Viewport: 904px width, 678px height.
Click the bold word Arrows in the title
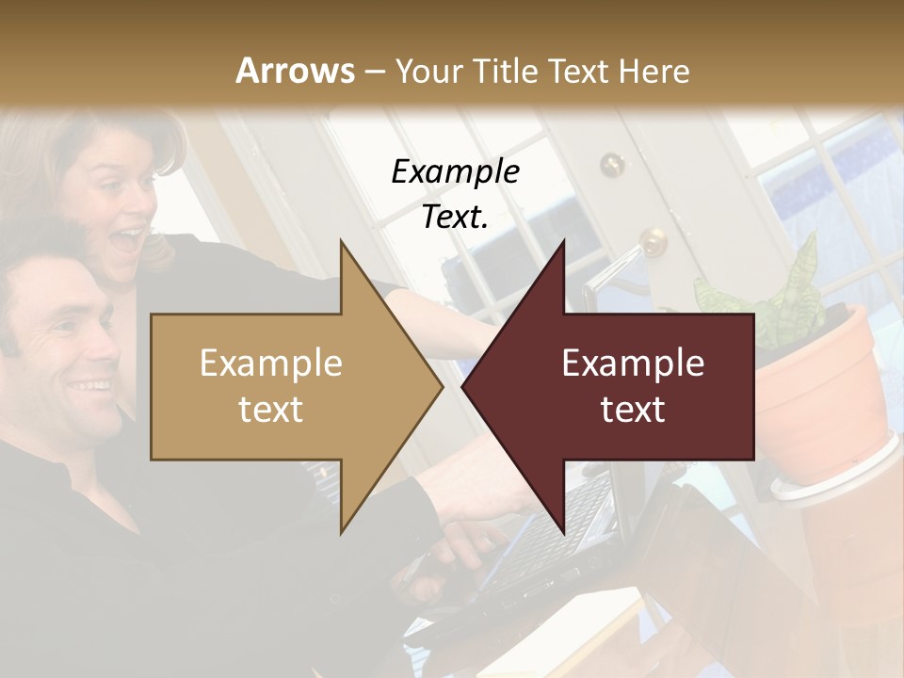pyautogui.click(x=295, y=71)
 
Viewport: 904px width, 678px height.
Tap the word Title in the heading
pyautogui.click(x=505, y=71)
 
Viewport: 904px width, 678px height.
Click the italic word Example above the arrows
pyautogui.click(x=455, y=172)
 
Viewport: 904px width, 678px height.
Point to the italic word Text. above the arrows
pyautogui.click(x=455, y=218)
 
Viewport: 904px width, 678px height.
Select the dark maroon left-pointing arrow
pyautogui.click(x=621, y=386)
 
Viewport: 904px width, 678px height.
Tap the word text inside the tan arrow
pyautogui.click(x=270, y=411)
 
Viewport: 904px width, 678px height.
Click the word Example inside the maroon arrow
pyautogui.click(x=633, y=363)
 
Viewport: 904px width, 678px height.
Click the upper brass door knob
pyautogui.click(x=613, y=164)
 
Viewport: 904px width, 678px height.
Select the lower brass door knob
pyautogui.click(x=652, y=243)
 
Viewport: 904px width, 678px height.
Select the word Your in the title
pyautogui.click(x=429, y=71)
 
